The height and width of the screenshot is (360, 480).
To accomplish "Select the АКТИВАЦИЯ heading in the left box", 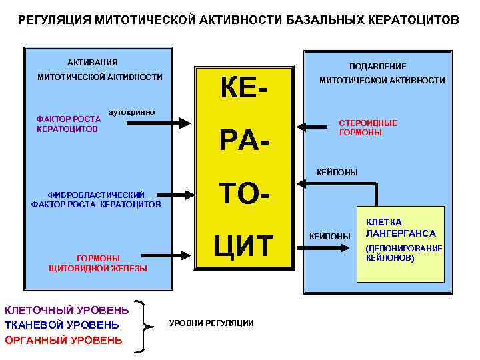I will [93, 63].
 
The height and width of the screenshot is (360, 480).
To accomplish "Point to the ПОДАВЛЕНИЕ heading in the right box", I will [378, 67].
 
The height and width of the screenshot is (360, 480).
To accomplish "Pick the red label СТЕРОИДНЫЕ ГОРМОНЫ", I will [367, 128].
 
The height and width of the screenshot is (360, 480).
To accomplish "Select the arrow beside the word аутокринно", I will [180, 122].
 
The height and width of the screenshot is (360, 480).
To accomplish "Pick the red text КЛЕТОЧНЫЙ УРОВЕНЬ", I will [67, 309].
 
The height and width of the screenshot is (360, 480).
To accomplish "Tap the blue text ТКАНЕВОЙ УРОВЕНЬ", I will [62, 325].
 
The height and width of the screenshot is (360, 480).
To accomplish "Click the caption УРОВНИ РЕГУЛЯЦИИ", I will [211, 323].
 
